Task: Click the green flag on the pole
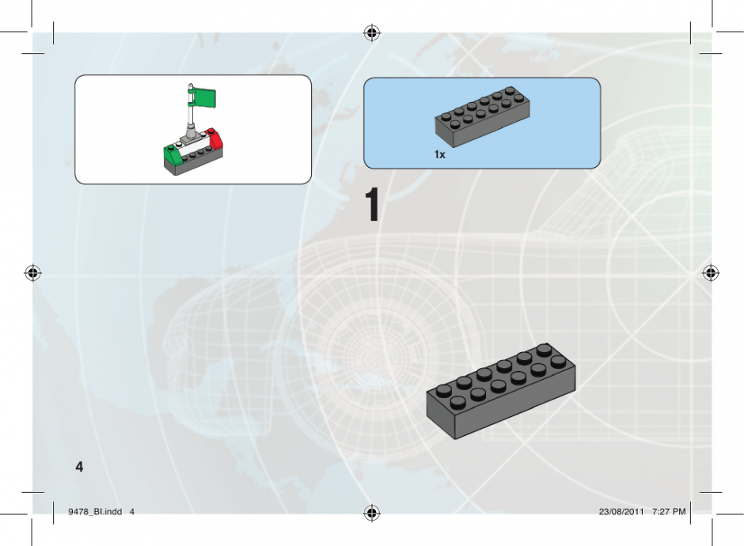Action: point(204,98)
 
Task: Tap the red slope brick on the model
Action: point(215,139)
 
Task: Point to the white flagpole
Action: point(191,107)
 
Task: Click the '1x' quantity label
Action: point(440,154)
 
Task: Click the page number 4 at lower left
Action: point(79,467)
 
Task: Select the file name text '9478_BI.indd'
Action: point(95,512)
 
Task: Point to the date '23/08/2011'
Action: point(621,512)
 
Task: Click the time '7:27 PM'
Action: point(669,512)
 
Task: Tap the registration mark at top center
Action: point(372,32)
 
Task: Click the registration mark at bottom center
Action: point(372,512)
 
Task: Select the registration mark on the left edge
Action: point(32,273)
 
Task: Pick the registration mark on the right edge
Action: point(710,273)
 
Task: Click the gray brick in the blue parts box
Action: point(482,116)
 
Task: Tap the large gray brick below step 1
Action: point(500,391)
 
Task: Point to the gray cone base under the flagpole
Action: point(192,134)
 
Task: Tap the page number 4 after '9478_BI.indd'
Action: point(132,512)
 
